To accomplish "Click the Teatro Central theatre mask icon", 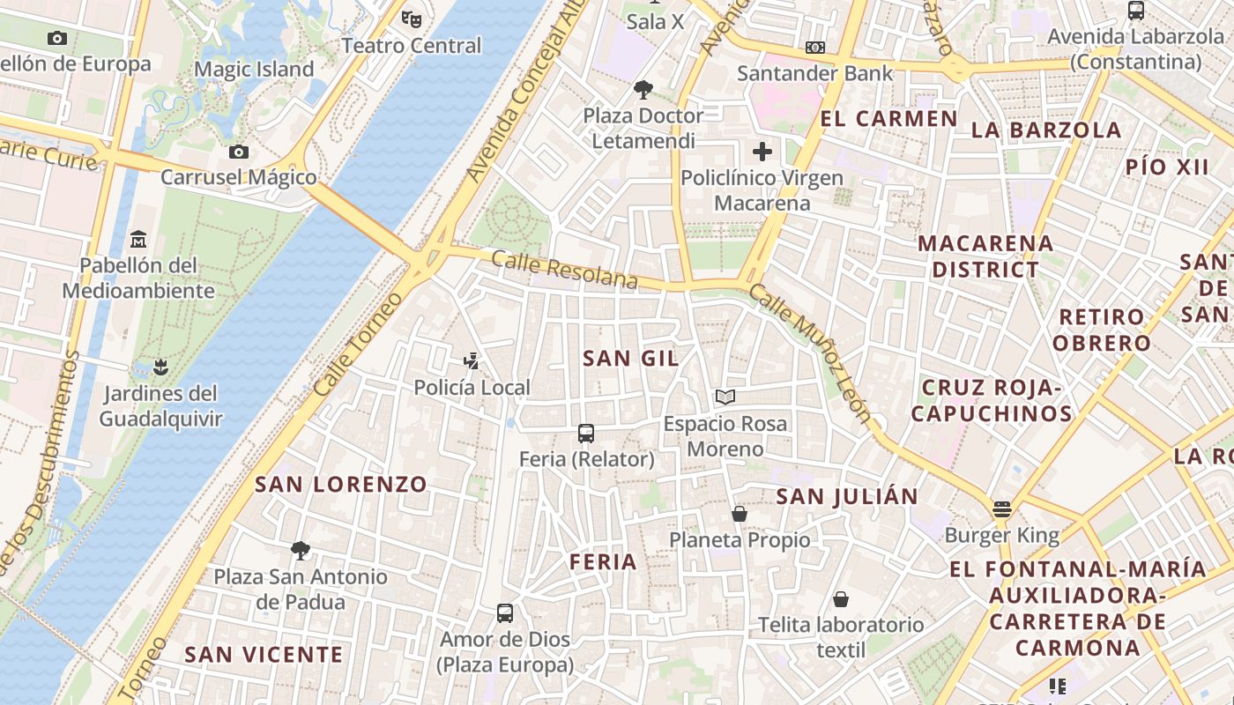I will click(411, 18).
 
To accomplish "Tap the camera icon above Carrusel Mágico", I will click(238, 152).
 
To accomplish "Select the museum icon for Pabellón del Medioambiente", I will click(138, 239).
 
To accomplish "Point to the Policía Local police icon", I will click(472, 360).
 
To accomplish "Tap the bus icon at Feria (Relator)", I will click(586, 433).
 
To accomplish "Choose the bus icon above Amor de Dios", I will click(505, 612).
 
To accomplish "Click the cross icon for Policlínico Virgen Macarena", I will click(762, 152).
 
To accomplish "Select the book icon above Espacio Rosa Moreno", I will click(725, 397).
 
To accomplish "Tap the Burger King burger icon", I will click(1001, 508).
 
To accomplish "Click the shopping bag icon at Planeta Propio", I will click(740, 513).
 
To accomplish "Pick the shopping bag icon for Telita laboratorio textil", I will click(841, 599).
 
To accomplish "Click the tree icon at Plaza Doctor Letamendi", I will click(643, 89).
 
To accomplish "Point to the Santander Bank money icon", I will click(815, 47).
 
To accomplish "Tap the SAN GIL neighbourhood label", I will click(631, 358).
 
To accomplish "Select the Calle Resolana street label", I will click(564, 270).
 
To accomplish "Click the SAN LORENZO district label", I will click(341, 484).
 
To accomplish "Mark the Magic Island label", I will click(254, 69).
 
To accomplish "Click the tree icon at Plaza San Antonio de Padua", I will click(301, 551).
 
